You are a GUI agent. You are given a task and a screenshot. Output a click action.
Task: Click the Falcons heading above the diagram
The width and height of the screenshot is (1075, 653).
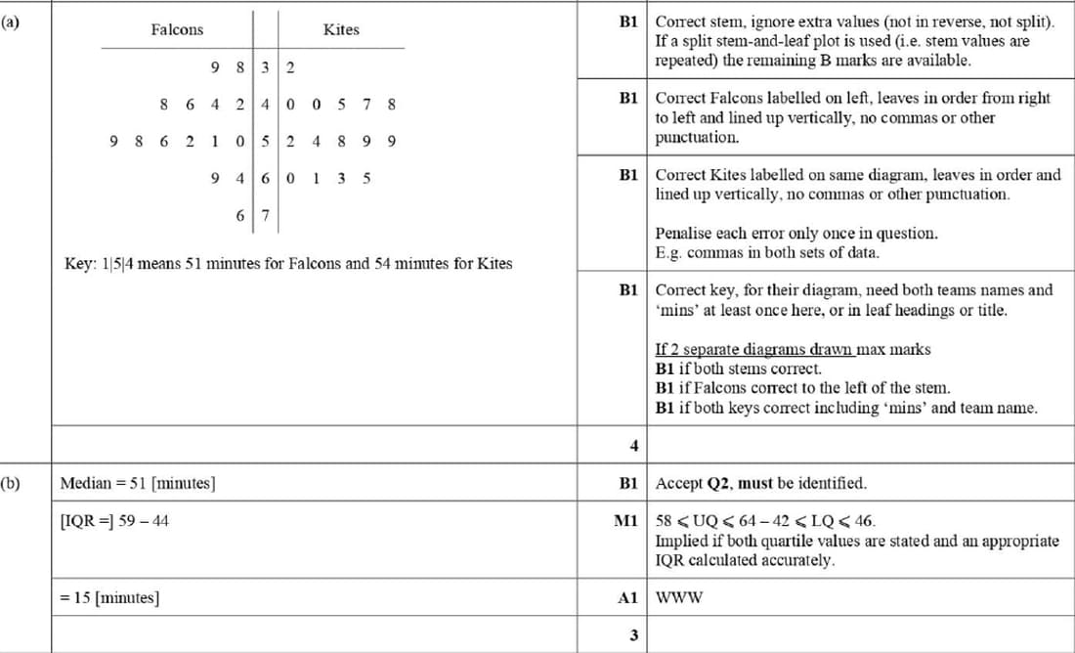177,30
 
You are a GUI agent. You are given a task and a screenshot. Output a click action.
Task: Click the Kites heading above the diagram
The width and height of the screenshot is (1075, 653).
341,30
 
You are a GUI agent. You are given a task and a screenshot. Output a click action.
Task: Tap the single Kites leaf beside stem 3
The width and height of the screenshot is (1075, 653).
290,67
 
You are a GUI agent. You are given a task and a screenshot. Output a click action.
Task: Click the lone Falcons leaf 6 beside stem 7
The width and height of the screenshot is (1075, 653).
240,215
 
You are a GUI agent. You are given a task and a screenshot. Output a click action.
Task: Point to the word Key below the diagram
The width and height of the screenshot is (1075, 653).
77,264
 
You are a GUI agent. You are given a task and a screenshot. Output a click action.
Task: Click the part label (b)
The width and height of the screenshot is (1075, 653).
11,483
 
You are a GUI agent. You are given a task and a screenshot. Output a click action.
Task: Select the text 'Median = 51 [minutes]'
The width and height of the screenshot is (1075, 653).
138,483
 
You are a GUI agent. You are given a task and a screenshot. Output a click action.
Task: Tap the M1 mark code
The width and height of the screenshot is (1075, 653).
625,521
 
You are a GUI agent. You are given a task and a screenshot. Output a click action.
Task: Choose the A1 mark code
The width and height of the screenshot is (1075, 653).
627,597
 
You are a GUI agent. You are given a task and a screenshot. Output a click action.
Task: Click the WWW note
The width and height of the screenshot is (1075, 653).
678,597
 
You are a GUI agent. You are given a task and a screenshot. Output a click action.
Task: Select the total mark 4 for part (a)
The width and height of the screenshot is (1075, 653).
633,446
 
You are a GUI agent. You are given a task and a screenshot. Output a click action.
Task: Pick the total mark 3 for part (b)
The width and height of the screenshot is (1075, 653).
633,635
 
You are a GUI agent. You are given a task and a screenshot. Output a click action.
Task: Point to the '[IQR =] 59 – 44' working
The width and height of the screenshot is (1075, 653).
114,521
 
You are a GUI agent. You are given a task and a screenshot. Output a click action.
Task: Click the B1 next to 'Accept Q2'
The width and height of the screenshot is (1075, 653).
627,483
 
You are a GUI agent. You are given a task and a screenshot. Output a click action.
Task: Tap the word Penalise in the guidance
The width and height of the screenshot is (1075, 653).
684,234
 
